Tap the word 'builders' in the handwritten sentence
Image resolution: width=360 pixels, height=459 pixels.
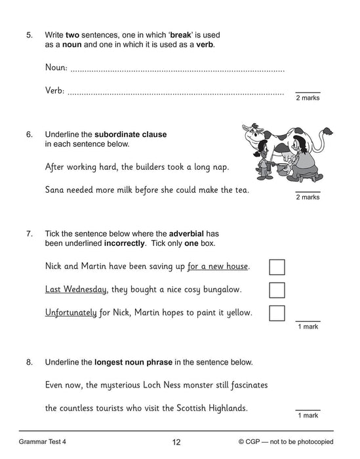tap(154, 167)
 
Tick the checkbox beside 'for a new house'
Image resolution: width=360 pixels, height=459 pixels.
tap(277, 267)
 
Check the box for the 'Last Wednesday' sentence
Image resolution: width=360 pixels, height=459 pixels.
tap(277, 290)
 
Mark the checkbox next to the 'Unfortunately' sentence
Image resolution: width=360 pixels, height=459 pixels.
tap(277, 313)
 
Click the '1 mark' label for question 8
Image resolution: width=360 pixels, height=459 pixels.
tap(308, 416)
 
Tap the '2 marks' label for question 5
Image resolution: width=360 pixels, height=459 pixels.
tap(308, 98)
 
